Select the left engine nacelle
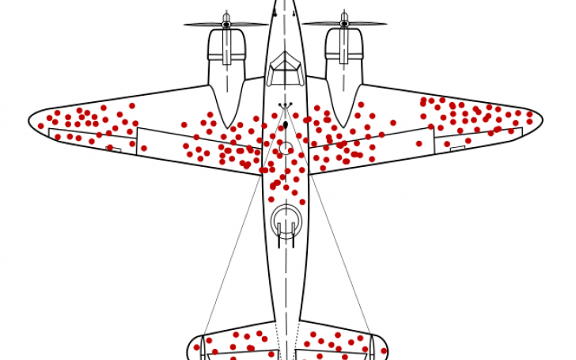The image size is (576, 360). tap(227, 71)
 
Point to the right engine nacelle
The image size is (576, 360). tap(344, 71)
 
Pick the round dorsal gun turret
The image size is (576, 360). tap(286, 220)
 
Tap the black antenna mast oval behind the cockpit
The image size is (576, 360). tap(286, 125)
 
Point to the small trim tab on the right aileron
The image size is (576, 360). tap(457, 146)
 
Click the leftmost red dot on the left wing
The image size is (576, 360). tap(41, 126)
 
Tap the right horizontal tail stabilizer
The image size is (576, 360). tap(340, 342)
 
